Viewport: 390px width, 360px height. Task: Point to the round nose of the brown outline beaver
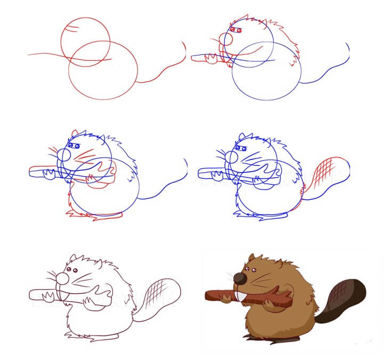click(x=63, y=278)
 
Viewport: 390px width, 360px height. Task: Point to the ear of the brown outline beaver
click(x=74, y=259)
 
